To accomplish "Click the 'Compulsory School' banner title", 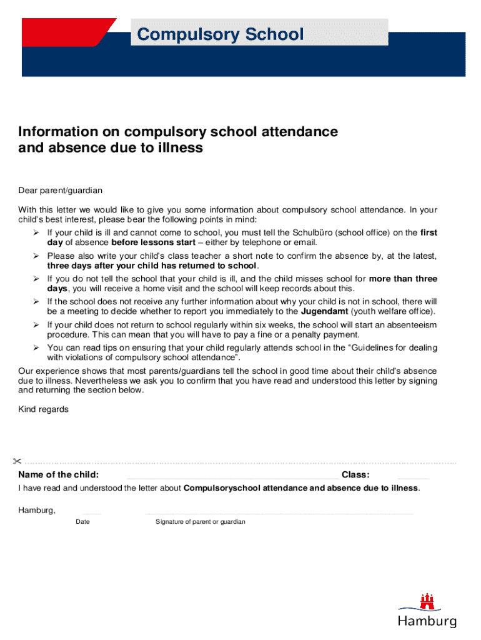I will pos(221,34).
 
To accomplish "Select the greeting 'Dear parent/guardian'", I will pos(60,190).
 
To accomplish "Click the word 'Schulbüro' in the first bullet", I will pos(316,232).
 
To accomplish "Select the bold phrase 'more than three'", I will pos(403,279).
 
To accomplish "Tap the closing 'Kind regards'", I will pos(43,409).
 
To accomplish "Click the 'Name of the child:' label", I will pos(58,475).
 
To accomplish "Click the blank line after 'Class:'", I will pos(413,477).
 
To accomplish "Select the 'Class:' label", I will pos(355,475).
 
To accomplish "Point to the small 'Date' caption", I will pos(82,522).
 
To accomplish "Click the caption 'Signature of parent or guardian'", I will pos(201,522).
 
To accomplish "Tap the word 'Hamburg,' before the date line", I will pos(37,511).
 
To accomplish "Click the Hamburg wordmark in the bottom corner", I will pos(427,621).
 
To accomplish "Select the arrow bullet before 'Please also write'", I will pos(36,256).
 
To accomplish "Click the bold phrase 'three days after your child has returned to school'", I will pos(152,266).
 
